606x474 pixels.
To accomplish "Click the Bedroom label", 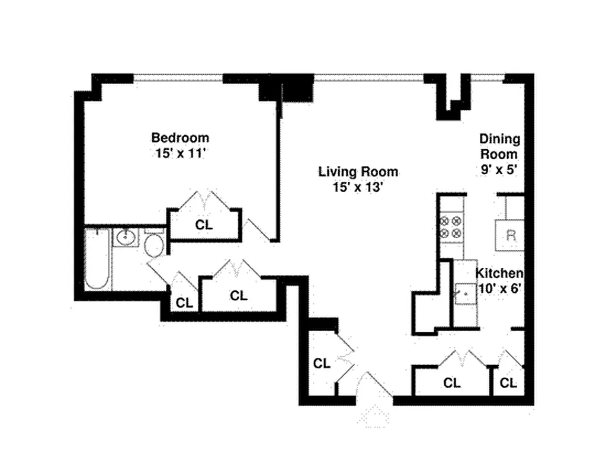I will click(x=180, y=137).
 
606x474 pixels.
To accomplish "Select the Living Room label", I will click(x=358, y=172).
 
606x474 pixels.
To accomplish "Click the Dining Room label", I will click(x=499, y=146).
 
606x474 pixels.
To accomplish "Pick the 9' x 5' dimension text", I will click(x=499, y=169).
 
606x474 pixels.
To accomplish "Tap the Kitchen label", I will click(x=499, y=273).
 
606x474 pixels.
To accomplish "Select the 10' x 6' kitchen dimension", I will click(x=499, y=289).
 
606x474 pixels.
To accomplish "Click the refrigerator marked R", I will click(x=511, y=235).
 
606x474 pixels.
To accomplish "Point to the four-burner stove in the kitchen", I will click(x=451, y=227).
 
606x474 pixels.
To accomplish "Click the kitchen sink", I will click(x=466, y=293).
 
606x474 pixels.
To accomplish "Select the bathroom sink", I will click(x=126, y=238).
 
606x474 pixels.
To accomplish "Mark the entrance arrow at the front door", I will click(x=374, y=416).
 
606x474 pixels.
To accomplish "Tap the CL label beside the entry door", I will click(x=322, y=363).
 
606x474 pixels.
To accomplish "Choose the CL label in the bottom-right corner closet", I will click(x=508, y=383).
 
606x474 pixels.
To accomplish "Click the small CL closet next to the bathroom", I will click(x=185, y=302).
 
